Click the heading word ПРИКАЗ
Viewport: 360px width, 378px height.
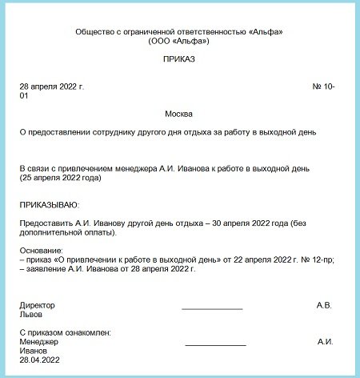[x=178, y=59]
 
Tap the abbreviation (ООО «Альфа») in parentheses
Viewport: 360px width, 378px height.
[x=178, y=40]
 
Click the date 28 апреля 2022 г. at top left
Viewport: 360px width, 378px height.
[x=51, y=86]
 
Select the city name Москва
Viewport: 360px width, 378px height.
[x=178, y=113]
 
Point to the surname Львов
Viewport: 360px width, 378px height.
[x=31, y=315]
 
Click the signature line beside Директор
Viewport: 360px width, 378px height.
[x=212, y=308]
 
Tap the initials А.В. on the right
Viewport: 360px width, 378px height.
[x=324, y=305]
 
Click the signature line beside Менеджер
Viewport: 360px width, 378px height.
[x=215, y=344]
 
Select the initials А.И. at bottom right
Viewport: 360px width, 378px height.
[x=325, y=341]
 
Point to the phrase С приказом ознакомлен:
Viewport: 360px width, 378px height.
[x=64, y=332]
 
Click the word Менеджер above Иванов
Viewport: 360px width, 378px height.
[x=38, y=341]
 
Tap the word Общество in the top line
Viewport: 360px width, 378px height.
[x=94, y=30]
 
